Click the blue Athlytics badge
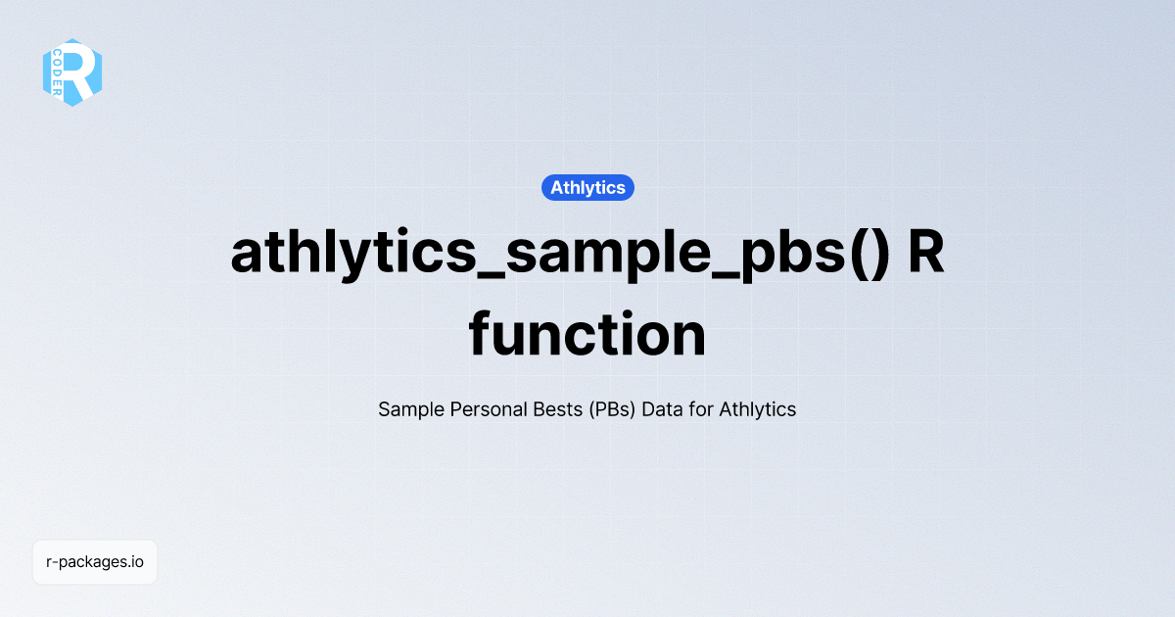587,188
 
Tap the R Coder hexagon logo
72,72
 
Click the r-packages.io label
95,562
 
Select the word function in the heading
587,335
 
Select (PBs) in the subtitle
613,409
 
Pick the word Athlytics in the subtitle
758,409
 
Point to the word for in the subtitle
701,409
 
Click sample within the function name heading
587,255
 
